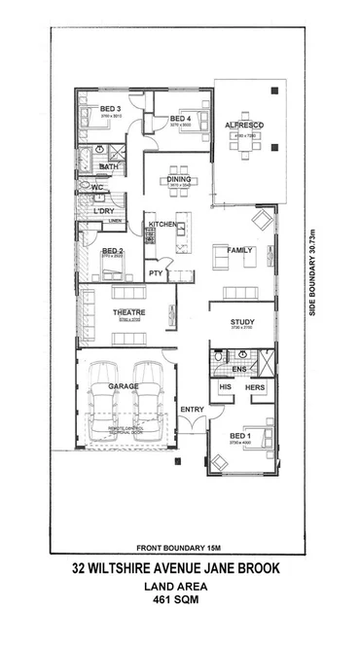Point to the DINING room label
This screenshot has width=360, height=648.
pyautogui.click(x=179, y=180)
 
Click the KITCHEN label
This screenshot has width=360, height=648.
pyautogui.click(x=162, y=225)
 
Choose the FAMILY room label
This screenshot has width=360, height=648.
pyautogui.click(x=239, y=250)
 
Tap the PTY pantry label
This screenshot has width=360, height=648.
pyautogui.click(x=156, y=273)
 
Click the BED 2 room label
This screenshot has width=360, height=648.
pyautogui.click(x=112, y=251)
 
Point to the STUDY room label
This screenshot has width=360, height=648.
pyautogui.click(x=241, y=322)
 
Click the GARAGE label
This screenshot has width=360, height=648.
pyautogui.click(x=124, y=386)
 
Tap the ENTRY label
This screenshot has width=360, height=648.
pyautogui.click(x=192, y=409)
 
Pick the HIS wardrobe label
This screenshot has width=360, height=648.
pyautogui.click(x=225, y=386)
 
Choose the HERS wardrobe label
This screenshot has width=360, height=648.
pyautogui.click(x=255, y=386)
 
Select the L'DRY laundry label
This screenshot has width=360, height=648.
pyautogui.click(x=104, y=209)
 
